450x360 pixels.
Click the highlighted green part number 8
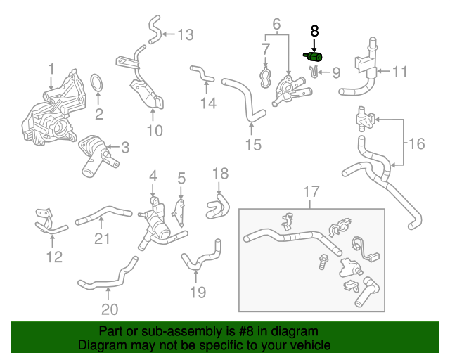click(314, 56)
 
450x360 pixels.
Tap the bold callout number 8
click(314, 31)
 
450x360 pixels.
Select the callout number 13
click(185, 34)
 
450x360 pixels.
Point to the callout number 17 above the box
click(311, 191)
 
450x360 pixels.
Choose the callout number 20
click(110, 309)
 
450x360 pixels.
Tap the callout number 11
click(400, 71)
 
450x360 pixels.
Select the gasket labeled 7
click(266, 77)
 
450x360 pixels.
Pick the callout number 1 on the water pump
click(51, 68)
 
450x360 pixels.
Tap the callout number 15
click(252, 145)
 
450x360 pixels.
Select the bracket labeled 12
click(46, 222)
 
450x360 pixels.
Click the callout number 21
click(103, 239)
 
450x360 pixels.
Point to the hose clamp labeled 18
click(217, 205)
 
